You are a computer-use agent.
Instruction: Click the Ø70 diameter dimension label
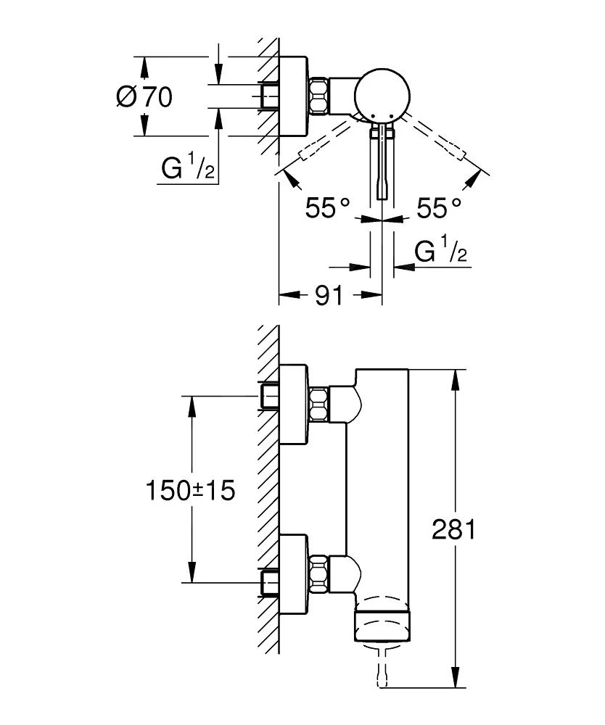144,96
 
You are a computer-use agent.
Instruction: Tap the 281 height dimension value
453,530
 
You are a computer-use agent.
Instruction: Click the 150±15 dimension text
190,491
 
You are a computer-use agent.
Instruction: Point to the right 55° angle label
439,209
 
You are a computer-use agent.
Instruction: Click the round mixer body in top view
382,96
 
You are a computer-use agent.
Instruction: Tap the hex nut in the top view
318,96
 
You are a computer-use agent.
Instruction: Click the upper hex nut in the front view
319,404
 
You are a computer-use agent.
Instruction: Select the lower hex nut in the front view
319,572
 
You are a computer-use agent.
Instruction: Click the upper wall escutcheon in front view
294,404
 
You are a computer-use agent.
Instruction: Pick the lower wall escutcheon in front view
294,572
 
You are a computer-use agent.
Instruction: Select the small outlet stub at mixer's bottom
382,666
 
